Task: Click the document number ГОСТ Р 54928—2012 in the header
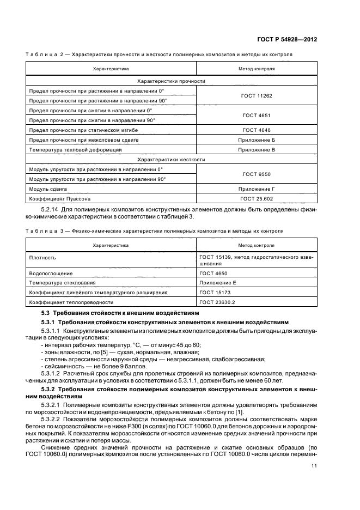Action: click(x=287, y=40)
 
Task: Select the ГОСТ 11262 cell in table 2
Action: click(x=257, y=95)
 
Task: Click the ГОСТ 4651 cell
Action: click(x=257, y=115)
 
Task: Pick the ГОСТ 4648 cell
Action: click(x=257, y=130)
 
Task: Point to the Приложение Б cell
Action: click(x=257, y=139)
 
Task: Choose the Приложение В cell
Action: click(x=257, y=149)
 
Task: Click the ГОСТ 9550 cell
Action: click(x=257, y=174)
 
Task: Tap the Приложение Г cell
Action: click(x=257, y=189)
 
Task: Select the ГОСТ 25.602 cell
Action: click(x=257, y=198)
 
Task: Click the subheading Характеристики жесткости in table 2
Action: click(x=171, y=159)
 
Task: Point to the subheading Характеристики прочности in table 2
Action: click(x=171, y=80)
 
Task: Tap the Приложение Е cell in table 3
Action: click(x=218, y=282)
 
